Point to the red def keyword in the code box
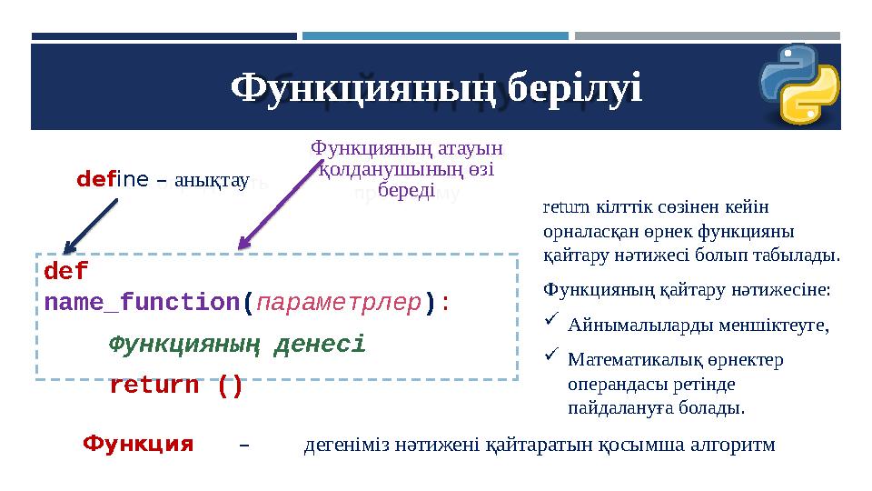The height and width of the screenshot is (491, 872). [x=66, y=272]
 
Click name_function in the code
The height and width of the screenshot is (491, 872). [x=142, y=301]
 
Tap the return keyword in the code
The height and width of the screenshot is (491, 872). [x=154, y=386]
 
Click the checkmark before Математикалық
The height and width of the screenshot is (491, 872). [x=550, y=357]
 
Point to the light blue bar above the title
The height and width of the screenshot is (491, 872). [x=435, y=36]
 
